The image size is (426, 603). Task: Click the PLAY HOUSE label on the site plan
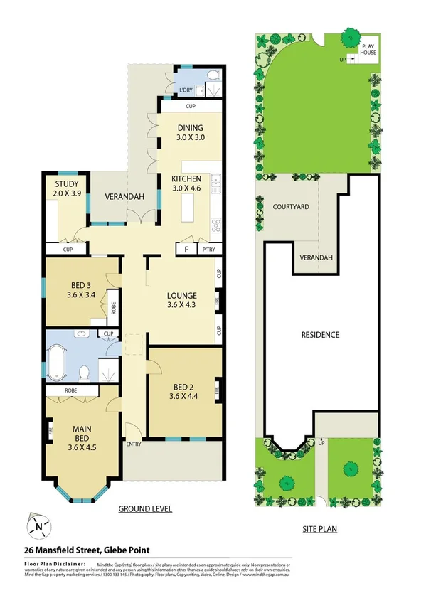(367, 49)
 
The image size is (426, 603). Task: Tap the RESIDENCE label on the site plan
(319, 334)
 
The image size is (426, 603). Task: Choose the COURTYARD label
(290, 207)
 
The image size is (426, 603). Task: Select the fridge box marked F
(186, 249)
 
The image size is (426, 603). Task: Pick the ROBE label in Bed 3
(112, 307)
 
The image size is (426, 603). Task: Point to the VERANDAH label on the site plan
(313, 257)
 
